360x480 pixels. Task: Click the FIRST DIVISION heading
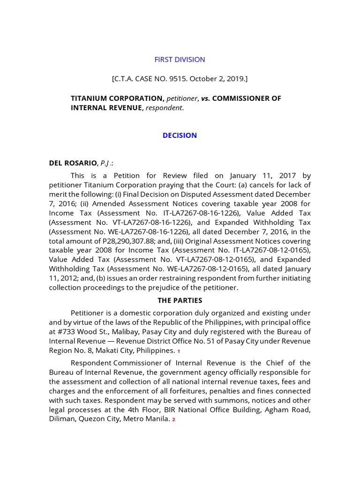180,60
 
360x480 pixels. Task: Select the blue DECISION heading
180,135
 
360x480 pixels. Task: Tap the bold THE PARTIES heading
180,300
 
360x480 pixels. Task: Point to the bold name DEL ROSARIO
72,163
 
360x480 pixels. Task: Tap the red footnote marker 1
179,351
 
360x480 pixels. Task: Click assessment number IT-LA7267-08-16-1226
201,213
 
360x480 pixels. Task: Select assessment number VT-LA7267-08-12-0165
203,260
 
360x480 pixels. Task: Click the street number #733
68,331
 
